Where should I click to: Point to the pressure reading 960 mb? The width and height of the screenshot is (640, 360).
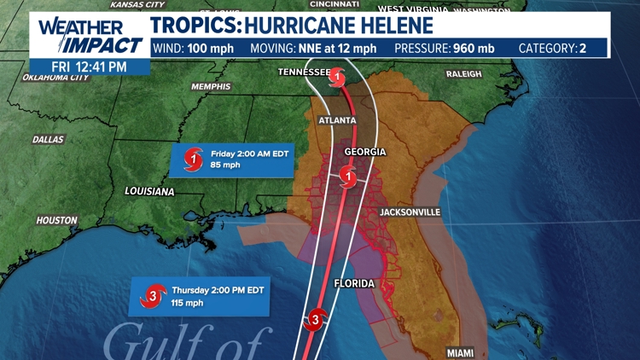(x=472, y=48)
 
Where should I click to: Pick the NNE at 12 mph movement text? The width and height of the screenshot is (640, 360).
(x=336, y=48)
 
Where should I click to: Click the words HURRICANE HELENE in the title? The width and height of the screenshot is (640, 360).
(x=339, y=25)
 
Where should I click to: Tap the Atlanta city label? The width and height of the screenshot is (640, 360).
(x=336, y=120)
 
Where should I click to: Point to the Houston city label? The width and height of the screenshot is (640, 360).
(x=56, y=220)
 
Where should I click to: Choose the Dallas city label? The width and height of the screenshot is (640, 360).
(x=48, y=139)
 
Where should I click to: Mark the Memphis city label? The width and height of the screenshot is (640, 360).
(x=211, y=87)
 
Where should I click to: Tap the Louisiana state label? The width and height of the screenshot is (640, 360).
(x=149, y=191)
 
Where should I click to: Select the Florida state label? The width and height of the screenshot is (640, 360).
(x=353, y=282)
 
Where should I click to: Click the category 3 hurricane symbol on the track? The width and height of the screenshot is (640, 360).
(x=315, y=320)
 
